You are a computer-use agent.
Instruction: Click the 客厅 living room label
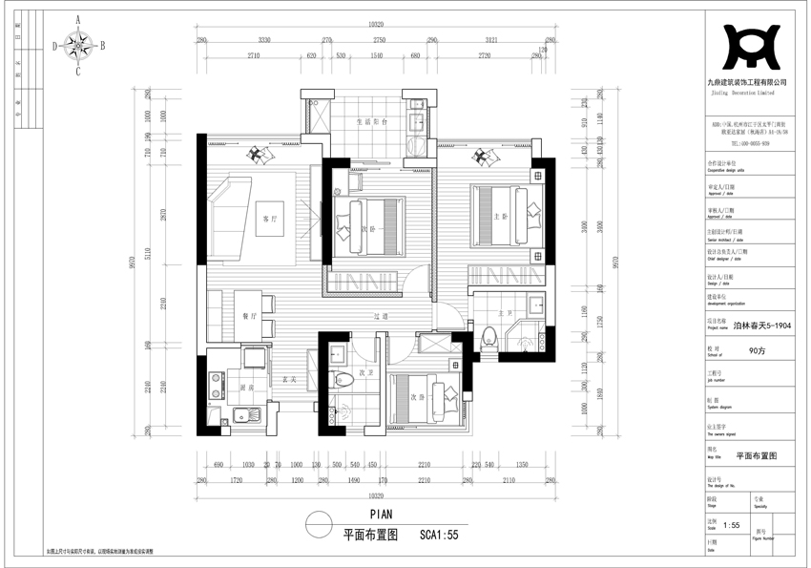pos(269,219)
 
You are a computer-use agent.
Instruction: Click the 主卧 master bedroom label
pos(504,218)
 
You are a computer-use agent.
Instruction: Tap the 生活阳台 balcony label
pos(370,122)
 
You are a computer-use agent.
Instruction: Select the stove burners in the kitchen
pos(215,388)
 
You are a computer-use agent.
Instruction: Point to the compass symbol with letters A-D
pos(78,44)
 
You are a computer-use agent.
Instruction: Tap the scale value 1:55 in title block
pos(731,525)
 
